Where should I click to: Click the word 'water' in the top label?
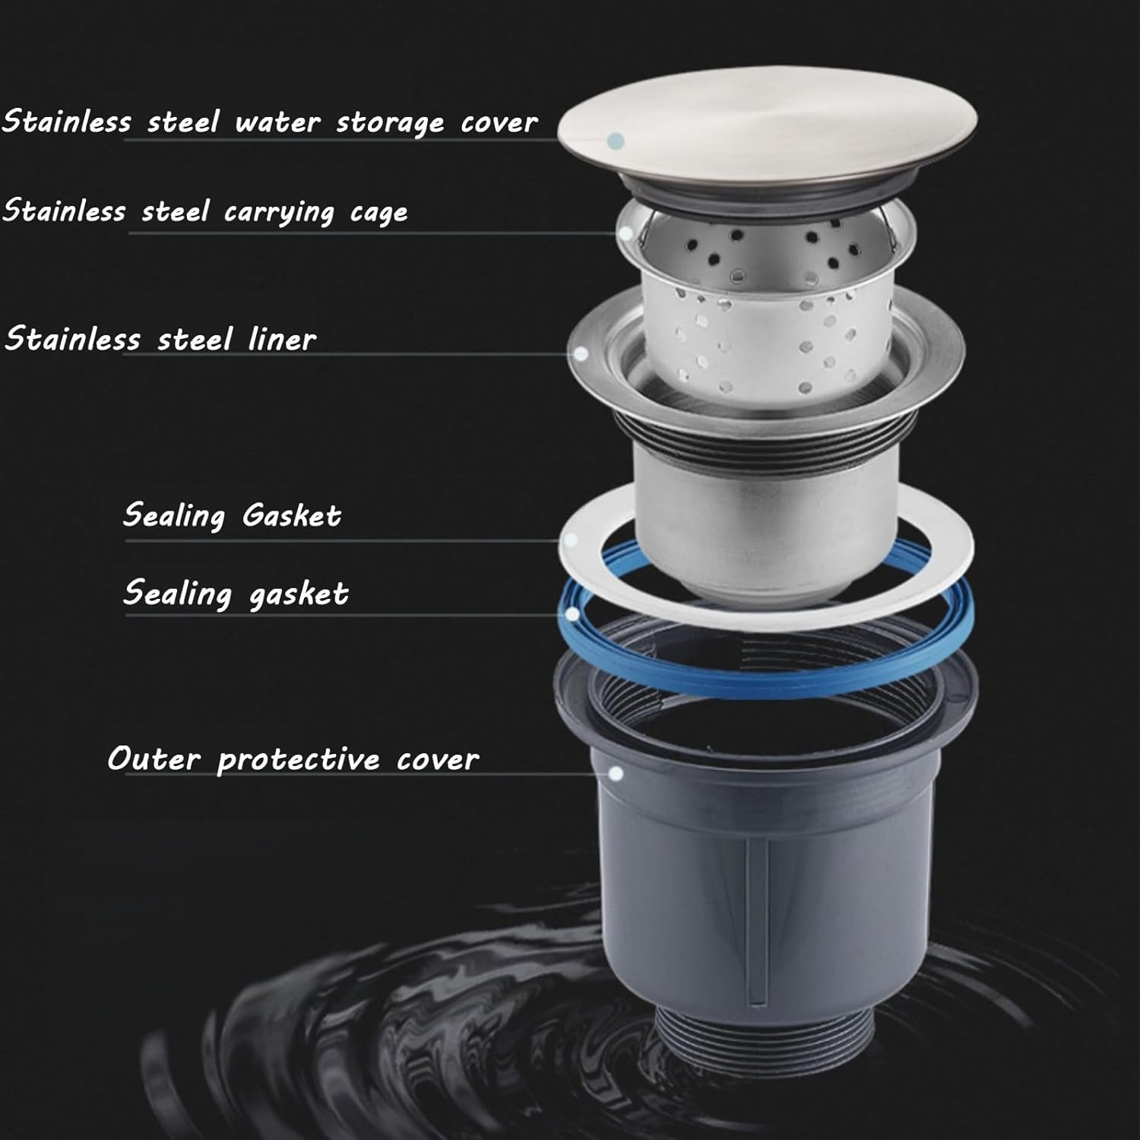tap(277, 122)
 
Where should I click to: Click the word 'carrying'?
tap(279, 212)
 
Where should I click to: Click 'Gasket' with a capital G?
tap(292, 515)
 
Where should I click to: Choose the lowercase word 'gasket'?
tap(299, 594)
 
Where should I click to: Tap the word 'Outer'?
tap(154, 758)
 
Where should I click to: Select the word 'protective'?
tap(299, 759)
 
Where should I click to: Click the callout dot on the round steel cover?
tap(617, 141)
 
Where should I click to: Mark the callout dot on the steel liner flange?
tap(581, 354)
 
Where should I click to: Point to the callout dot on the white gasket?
tap(572, 540)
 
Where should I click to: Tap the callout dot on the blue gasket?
tap(572, 614)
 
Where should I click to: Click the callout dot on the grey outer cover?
tap(617, 774)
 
